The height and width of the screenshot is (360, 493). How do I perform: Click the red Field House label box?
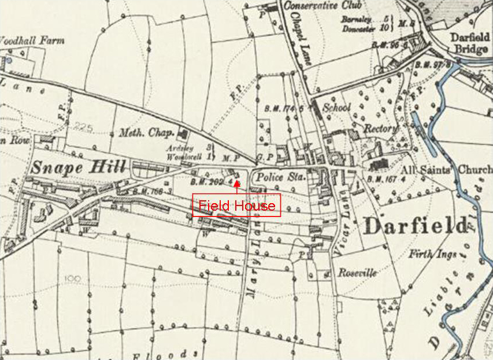pos(236,205)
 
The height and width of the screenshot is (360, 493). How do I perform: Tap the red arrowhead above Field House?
pos(236,185)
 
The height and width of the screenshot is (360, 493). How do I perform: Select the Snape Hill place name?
pos(78,168)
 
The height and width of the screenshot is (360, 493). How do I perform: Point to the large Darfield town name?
pos(415,226)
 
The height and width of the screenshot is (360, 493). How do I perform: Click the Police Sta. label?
pos(278,177)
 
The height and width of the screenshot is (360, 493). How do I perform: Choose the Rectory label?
pos(381,128)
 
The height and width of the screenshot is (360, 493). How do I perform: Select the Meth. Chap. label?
pos(147,133)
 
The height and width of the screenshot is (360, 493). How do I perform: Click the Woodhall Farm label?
pos(31,41)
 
